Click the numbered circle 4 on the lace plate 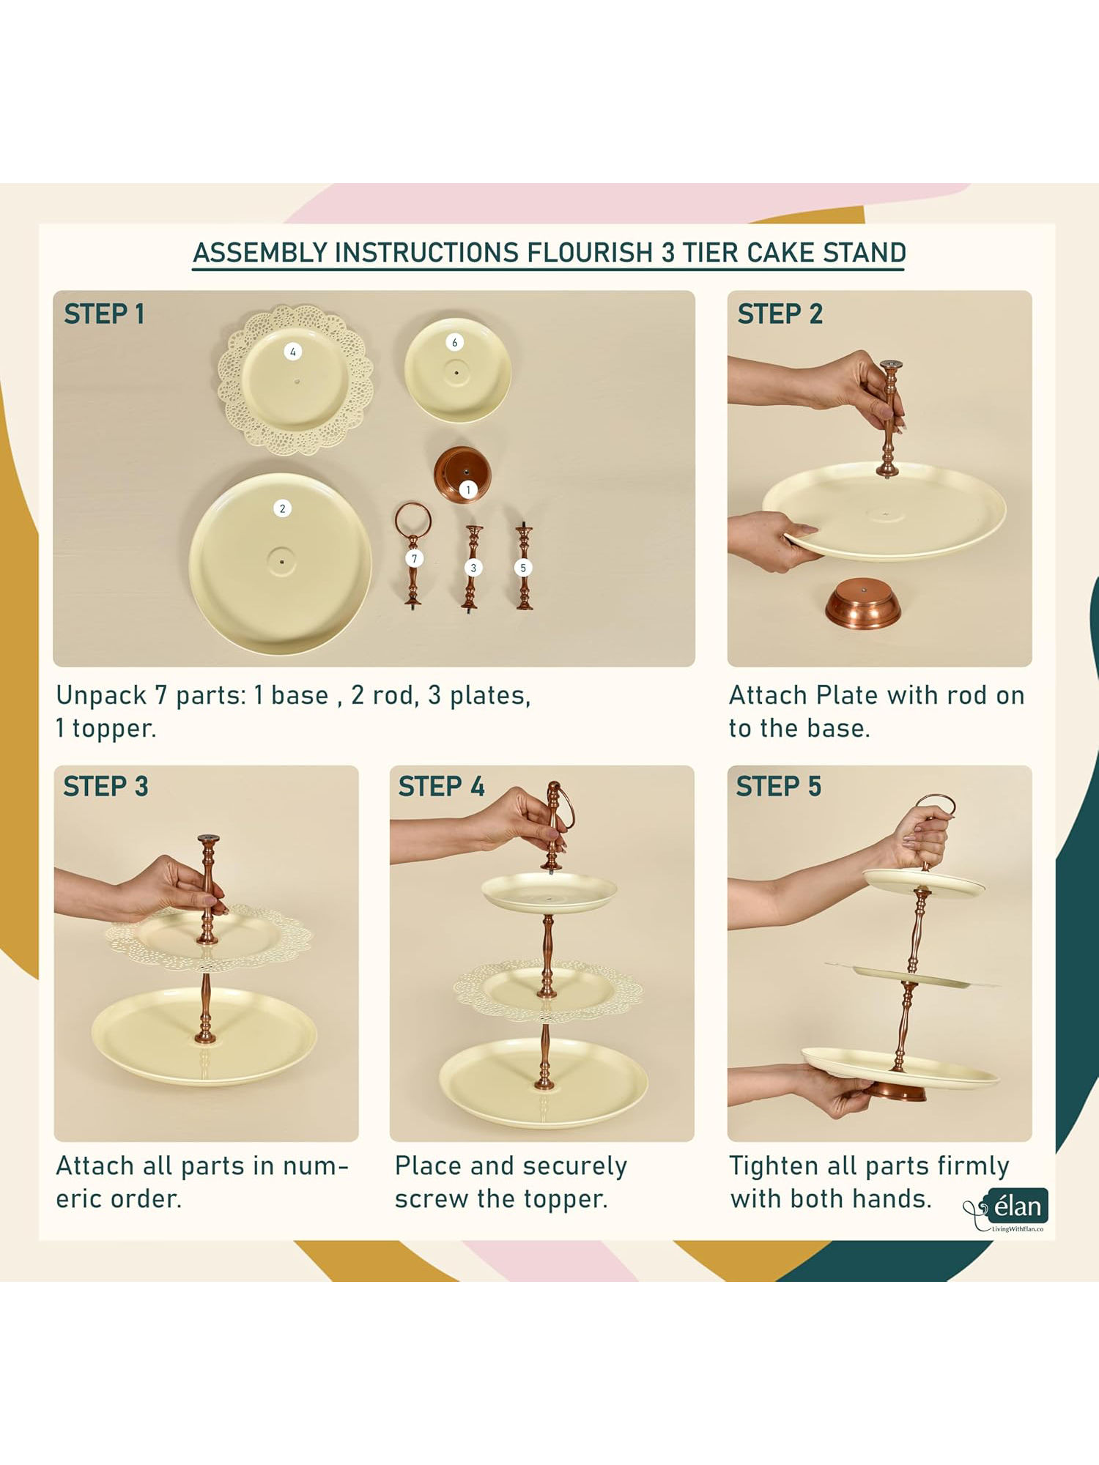pyautogui.click(x=293, y=352)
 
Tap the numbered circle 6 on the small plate pyautogui.click(x=454, y=342)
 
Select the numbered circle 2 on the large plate pyautogui.click(x=282, y=508)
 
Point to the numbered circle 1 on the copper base pyautogui.click(x=468, y=489)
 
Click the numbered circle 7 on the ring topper pyautogui.click(x=414, y=559)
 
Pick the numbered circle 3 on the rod pyautogui.click(x=473, y=568)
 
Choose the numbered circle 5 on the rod pyautogui.click(x=523, y=568)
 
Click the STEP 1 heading pyautogui.click(x=104, y=314)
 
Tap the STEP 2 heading pyautogui.click(x=780, y=314)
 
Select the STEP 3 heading pyautogui.click(x=106, y=787)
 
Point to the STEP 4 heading pyautogui.click(x=441, y=787)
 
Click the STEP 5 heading pyautogui.click(x=779, y=787)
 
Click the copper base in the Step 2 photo pyautogui.click(x=863, y=602)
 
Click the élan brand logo pyautogui.click(x=1006, y=1209)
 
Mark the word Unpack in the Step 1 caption pyautogui.click(x=101, y=696)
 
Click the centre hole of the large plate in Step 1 pyautogui.click(x=282, y=562)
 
